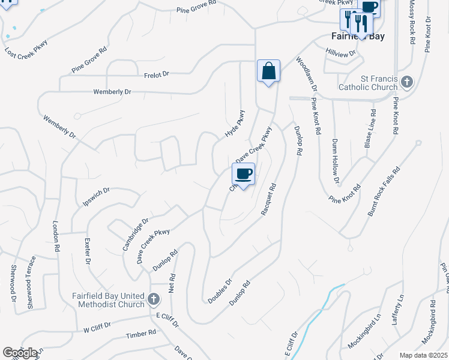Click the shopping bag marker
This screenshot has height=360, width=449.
[x=268, y=71]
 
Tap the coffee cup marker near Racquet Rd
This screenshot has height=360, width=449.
[x=243, y=175]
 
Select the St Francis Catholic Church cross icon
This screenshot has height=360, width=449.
[x=407, y=82]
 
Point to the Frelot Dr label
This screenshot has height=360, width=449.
[x=157, y=74]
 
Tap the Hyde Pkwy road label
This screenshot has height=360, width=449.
[x=236, y=124]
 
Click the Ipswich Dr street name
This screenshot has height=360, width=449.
[x=96, y=197]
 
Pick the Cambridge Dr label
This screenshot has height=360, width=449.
[x=135, y=235]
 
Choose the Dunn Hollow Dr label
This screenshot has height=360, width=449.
[x=336, y=161]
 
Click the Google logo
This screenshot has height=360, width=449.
[x=20, y=353]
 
